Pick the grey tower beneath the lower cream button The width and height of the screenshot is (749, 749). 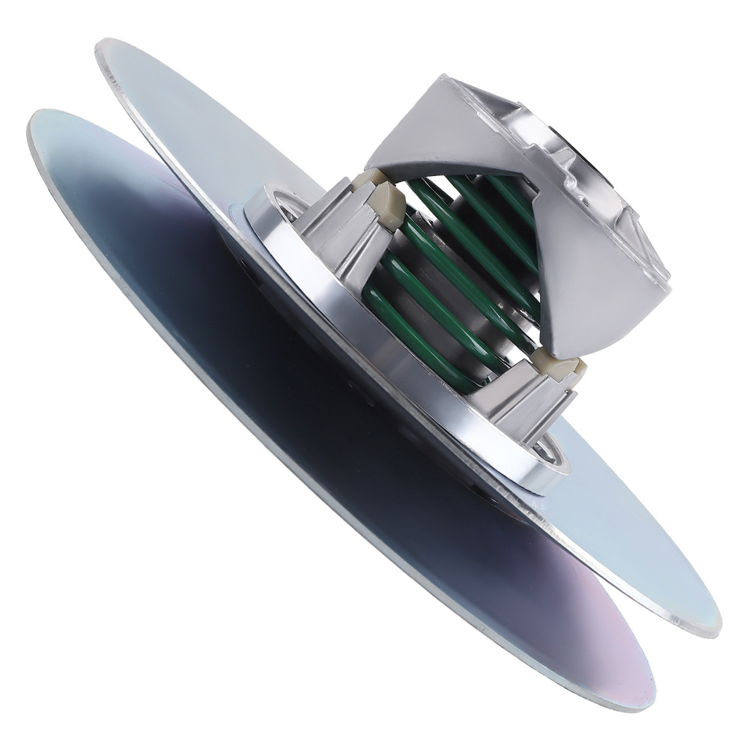pyautogui.click(x=524, y=404)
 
